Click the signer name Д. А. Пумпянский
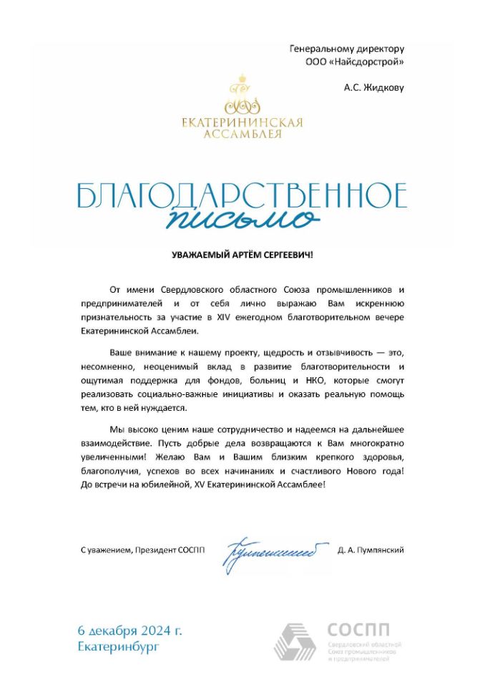tap(371, 550)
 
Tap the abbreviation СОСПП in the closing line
tap(190, 550)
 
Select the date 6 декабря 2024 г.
tap(131, 630)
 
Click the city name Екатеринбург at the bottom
tap(119, 647)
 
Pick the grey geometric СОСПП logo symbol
tap(295, 641)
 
